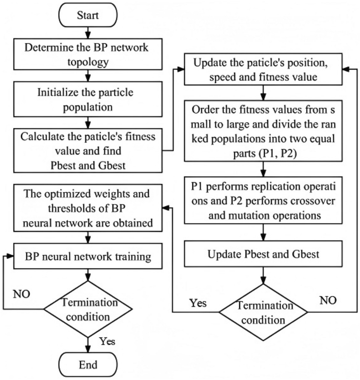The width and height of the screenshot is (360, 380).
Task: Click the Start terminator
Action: pos(88,16)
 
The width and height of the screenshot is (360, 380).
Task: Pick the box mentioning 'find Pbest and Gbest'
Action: pos(88,150)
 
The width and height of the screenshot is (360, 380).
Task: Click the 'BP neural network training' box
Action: pos(88,257)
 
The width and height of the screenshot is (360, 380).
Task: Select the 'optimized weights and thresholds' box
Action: pos(88,207)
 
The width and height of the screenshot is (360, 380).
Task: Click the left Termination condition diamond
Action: pos(88,309)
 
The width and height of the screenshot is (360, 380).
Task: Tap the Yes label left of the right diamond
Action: pos(198,303)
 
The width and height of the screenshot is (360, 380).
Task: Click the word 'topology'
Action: pos(88,62)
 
